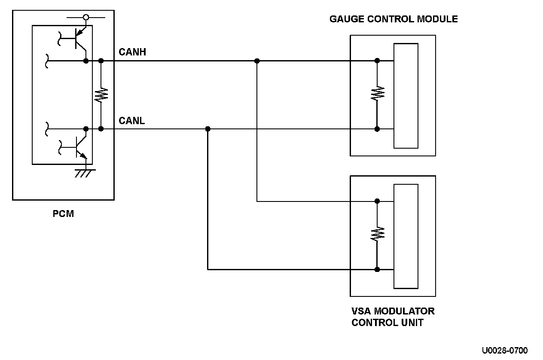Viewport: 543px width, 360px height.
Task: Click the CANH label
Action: (132, 52)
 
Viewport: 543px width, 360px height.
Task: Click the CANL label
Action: (131, 120)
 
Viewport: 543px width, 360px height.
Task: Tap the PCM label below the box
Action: (63, 214)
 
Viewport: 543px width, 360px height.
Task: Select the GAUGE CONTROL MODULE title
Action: (394, 19)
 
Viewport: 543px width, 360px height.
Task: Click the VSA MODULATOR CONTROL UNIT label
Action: (393, 317)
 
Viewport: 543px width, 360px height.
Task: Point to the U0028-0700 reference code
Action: (505, 350)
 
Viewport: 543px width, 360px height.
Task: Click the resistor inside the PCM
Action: (101, 95)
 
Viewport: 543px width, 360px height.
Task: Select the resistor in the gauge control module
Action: (377, 93)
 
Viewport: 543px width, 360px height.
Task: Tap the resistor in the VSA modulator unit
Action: (377, 234)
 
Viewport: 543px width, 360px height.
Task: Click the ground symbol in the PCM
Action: (85, 173)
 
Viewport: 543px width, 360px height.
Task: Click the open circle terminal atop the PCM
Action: (86, 18)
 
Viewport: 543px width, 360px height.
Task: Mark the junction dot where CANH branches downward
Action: (257, 61)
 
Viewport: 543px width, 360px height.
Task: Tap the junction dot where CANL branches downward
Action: (208, 129)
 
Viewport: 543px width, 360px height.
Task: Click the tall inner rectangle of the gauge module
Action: (406, 96)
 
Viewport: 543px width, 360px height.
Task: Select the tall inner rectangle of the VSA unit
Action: (406, 236)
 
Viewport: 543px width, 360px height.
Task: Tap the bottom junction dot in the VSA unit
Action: (377, 269)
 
